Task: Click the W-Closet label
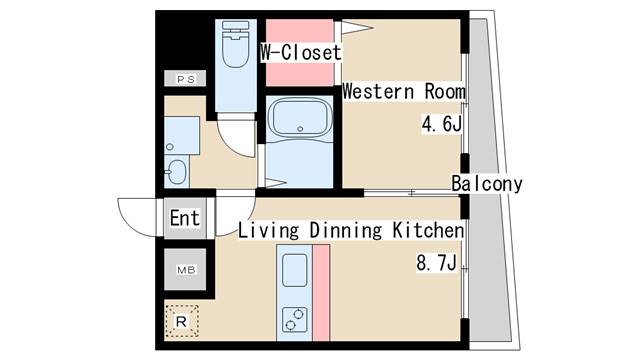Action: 301,53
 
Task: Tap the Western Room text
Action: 404,91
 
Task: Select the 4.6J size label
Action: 442,124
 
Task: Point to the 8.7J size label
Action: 436,262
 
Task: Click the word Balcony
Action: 487,184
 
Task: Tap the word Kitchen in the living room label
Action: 428,230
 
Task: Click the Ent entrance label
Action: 185,218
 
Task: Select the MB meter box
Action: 185,269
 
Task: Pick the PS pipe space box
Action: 185,78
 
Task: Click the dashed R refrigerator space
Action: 182,321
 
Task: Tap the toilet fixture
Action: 236,44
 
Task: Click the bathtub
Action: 300,118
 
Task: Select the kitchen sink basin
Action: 294,270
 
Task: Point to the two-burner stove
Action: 294,320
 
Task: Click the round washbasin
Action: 177,172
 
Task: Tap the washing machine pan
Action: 182,136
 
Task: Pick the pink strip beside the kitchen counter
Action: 322,293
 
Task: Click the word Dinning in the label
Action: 346,231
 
